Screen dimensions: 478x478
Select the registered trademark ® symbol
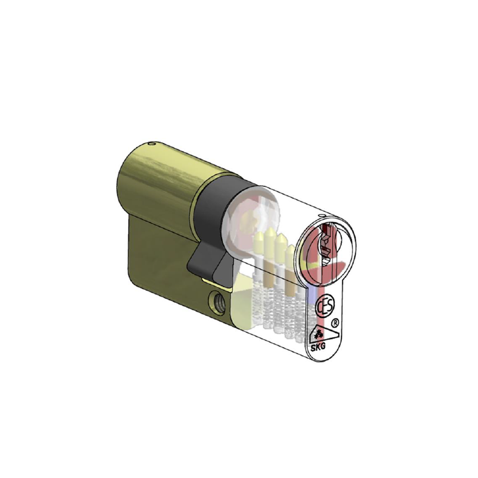click(x=336, y=323)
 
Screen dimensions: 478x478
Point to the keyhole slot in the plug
click(x=326, y=244)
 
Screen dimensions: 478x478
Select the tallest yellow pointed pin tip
click(x=271, y=234)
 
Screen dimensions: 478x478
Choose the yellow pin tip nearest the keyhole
click(x=290, y=250)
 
